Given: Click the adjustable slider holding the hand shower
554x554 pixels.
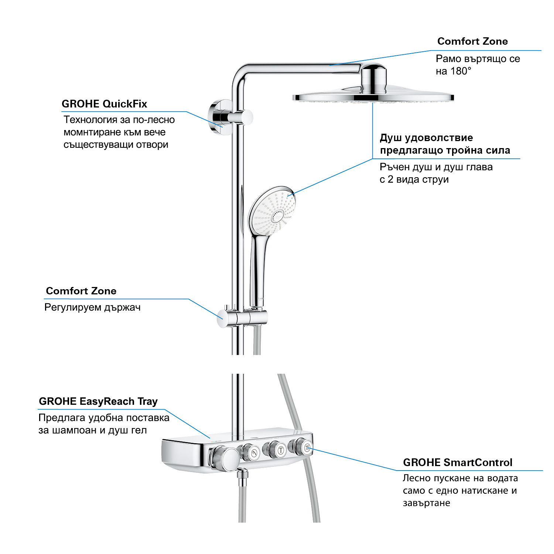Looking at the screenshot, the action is point(242,317).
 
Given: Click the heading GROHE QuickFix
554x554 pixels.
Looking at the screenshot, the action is point(105,104).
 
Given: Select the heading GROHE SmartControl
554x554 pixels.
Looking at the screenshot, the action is point(458,462).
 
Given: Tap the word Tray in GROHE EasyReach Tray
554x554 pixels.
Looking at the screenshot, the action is point(148,401).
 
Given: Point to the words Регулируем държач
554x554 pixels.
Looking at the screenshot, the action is point(92,308).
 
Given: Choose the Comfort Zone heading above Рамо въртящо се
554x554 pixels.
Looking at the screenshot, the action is point(472,41).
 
